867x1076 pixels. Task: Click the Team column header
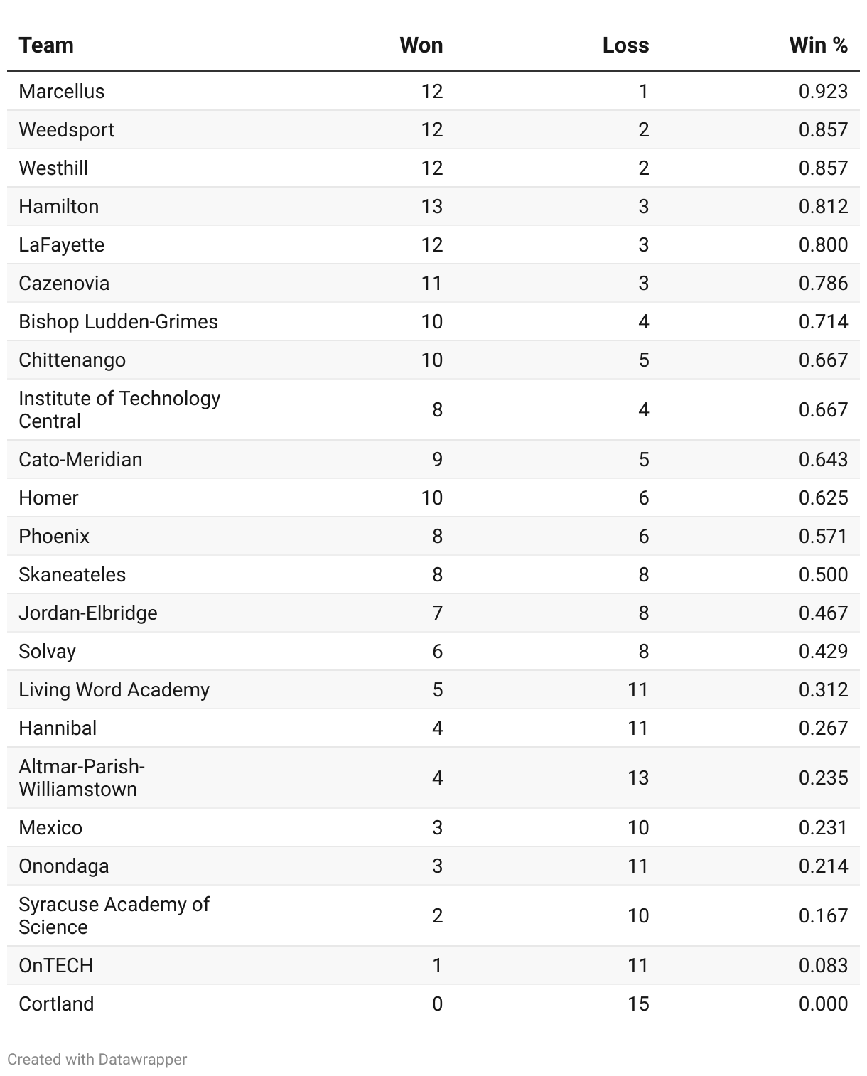click(46, 45)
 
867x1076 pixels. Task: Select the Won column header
click(421, 45)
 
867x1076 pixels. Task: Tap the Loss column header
click(625, 45)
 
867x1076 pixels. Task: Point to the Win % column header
click(818, 45)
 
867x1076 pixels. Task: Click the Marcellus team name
click(62, 92)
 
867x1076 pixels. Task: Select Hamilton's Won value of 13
click(431, 207)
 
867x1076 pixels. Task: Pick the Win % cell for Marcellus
click(823, 92)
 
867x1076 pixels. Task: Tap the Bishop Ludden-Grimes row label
click(118, 322)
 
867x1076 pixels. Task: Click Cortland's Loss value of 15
click(637, 1004)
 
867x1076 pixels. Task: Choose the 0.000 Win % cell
click(823, 1004)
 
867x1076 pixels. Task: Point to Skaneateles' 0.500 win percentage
click(823, 575)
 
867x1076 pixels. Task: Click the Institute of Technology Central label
click(119, 409)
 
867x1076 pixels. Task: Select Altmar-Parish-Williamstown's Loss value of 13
click(637, 778)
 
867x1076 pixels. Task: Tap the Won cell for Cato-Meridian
click(437, 460)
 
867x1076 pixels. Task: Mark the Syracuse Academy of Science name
click(114, 915)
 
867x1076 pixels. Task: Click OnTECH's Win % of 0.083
click(823, 966)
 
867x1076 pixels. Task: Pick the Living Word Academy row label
click(114, 690)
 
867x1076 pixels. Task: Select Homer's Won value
click(431, 498)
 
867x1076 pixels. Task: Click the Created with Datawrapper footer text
click(97, 1060)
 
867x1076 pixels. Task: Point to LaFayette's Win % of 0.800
click(823, 245)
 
